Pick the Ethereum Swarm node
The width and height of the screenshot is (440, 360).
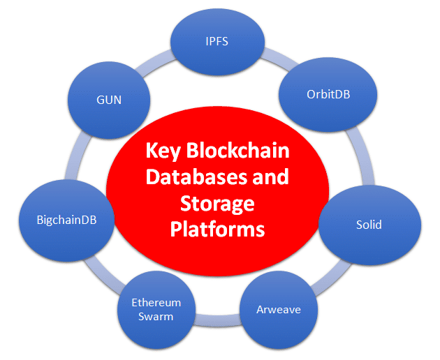[157, 309]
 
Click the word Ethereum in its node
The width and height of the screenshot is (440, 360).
[157, 303]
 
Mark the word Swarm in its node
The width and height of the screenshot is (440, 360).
[157, 316]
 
